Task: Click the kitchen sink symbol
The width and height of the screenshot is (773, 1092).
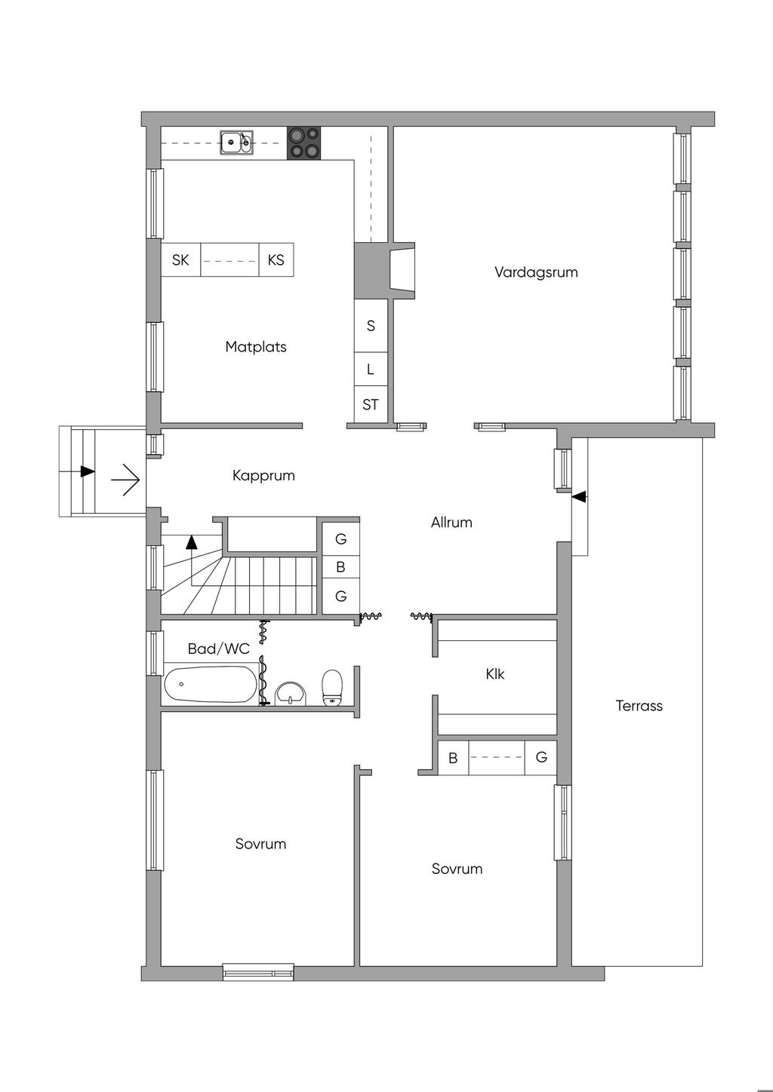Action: (x=236, y=143)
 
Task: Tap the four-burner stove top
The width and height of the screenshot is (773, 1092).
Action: (x=303, y=143)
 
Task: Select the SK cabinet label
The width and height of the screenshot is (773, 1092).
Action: (x=180, y=260)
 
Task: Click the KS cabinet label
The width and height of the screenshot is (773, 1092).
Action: (x=276, y=260)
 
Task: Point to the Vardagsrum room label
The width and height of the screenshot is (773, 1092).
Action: (x=536, y=272)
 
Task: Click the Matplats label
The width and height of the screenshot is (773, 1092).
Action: (x=256, y=347)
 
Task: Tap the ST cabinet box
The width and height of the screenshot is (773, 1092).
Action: (x=371, y=405)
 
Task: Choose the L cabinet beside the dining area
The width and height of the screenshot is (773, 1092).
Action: (x=371, y=369)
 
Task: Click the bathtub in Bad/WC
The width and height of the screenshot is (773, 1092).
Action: (x=211, y=684)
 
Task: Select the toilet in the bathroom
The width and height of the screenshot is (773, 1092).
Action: (x=332, y=687)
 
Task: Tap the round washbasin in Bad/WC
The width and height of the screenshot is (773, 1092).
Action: (x=291, y=693)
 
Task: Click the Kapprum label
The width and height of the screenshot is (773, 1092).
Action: (x=263, y=476)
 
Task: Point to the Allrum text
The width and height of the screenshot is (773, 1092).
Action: (x=451, y=523)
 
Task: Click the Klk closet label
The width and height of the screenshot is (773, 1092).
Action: (x=495, y=674)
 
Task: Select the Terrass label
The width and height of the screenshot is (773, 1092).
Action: (x=639, y=706)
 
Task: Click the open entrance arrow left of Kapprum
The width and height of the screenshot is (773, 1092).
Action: (x=125, y=480)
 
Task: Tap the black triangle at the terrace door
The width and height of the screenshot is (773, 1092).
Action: (x=579, y=497)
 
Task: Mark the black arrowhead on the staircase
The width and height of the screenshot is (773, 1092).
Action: (x=191, y=542)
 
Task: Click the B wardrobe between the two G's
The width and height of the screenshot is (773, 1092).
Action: (x=340, y=567)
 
